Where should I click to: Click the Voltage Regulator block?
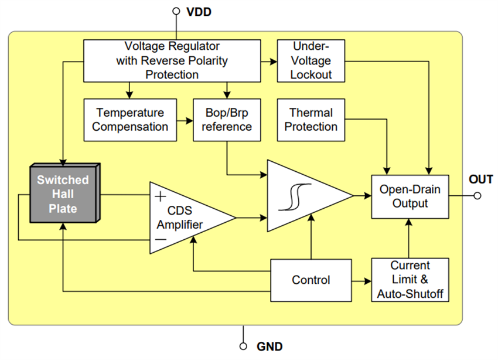coord(172,60)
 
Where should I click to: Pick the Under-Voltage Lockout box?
coord(311,60)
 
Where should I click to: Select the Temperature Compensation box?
coord(131,120)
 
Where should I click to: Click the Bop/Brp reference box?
coord(228,120)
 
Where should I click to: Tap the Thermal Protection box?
coord(311,120)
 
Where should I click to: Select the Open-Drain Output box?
coord(410,196)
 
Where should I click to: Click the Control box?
coord(311,280)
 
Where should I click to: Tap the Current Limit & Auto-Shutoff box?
coord(410,280)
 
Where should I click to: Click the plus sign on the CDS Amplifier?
coord(159,196)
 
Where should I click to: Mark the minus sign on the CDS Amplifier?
coord(159,239)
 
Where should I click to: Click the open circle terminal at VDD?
coord(176,11)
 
